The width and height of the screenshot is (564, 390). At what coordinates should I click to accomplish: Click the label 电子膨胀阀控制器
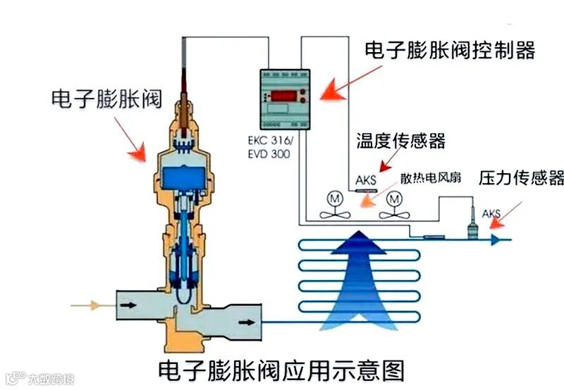(x=450, y=50)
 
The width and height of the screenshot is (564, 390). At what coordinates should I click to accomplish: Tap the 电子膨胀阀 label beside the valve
(x=106, y=99)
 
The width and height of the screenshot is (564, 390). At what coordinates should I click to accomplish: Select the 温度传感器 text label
(x=401, y=141)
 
